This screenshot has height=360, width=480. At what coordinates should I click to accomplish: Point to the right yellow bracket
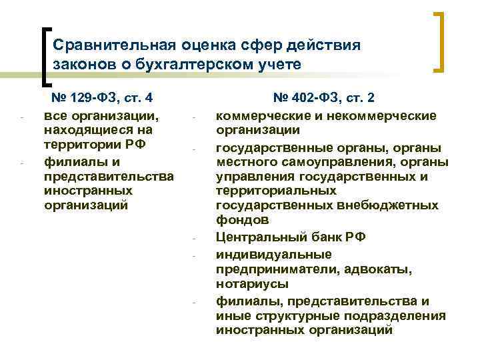440,41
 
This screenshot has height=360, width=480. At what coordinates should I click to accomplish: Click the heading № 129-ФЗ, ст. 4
103,98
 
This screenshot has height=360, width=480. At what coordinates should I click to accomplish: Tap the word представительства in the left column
108,176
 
